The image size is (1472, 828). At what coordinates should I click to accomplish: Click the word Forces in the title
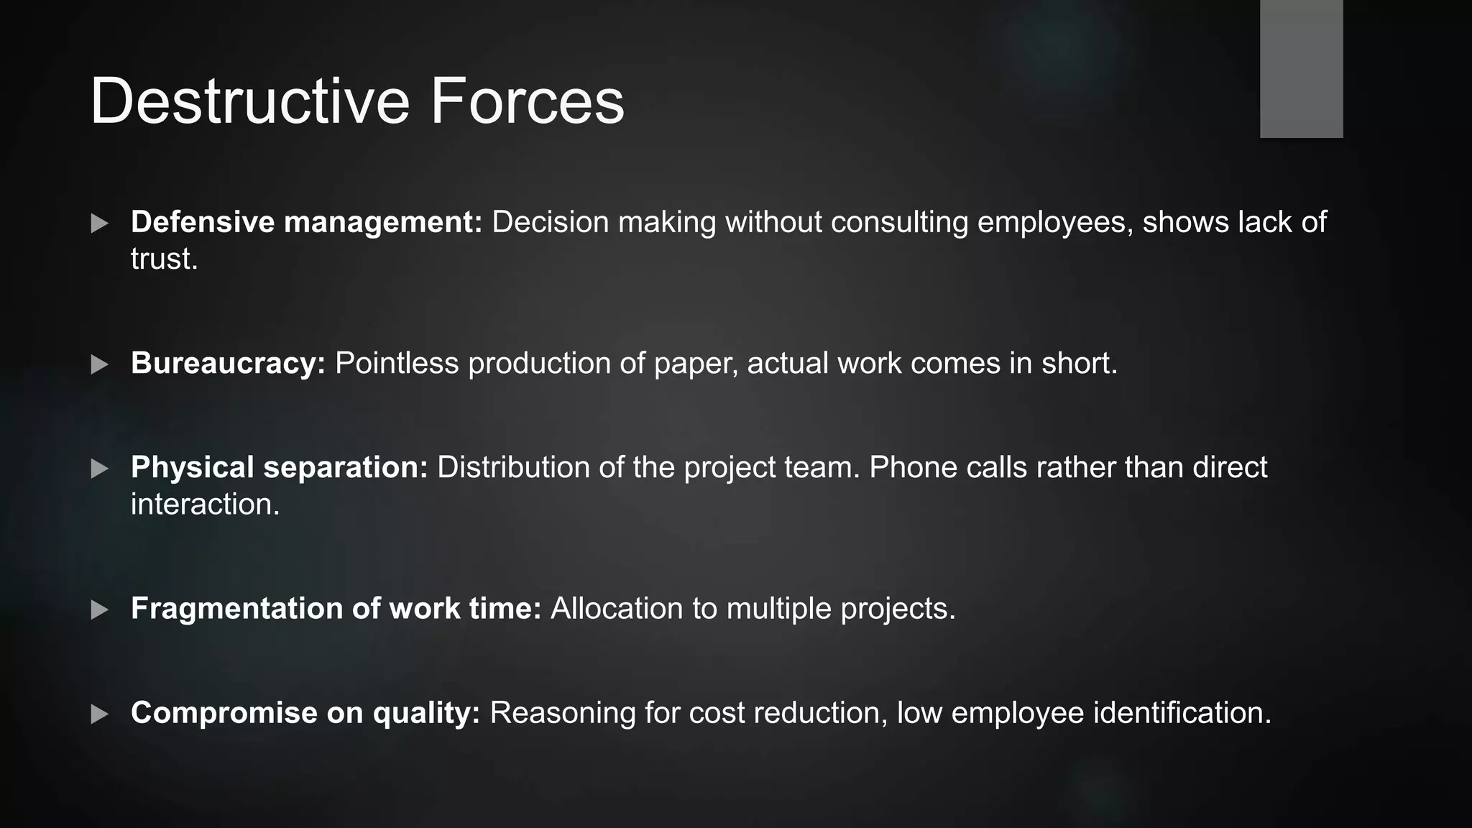(x=528, y=101)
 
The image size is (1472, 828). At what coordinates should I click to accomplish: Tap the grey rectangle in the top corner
(x=1301, y=68)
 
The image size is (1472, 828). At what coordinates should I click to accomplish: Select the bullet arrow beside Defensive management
(x=100, y=223)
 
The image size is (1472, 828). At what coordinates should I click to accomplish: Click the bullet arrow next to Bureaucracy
(x=100, y=364)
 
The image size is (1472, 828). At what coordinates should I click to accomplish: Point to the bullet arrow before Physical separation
(x=100, y=469)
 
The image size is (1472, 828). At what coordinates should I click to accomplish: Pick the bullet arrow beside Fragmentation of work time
(x=100, y=609)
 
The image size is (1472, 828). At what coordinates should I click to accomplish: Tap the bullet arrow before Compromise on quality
(x=100, y=714)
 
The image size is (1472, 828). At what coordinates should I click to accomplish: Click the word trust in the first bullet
(x=163, y=259)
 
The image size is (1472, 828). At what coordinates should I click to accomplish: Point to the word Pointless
(x=397, y=364)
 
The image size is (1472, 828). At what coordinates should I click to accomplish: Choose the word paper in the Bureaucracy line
(x=696, y=364)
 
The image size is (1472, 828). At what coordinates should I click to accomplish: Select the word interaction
(x=205, y=504)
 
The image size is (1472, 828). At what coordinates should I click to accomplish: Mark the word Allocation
(x=617, y=608)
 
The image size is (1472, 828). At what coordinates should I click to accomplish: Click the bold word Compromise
(x=224, y=712)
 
